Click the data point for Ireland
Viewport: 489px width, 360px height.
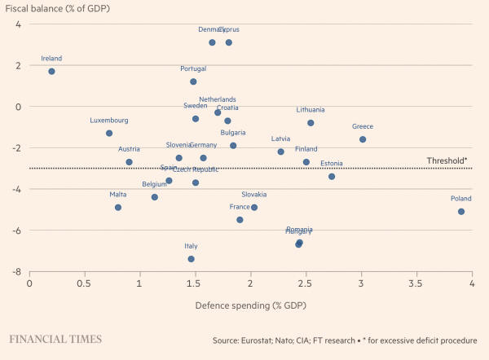point(51,72)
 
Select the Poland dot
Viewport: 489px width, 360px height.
point(461,212)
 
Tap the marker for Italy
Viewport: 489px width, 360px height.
point(191,259)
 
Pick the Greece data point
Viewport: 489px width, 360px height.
point(363,139)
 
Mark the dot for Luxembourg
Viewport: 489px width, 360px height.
point(109,134)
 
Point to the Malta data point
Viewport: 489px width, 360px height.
point(118,208)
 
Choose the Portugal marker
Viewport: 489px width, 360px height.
point(193,81)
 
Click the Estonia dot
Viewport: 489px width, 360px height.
point(332,177)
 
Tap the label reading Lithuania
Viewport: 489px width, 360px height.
point(311,110)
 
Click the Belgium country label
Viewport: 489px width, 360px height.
point(154,185)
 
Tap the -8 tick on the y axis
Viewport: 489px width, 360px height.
point(17,271)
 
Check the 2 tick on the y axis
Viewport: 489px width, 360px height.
point(18,65)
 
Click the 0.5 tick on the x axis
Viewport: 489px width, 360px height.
point(85,285)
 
